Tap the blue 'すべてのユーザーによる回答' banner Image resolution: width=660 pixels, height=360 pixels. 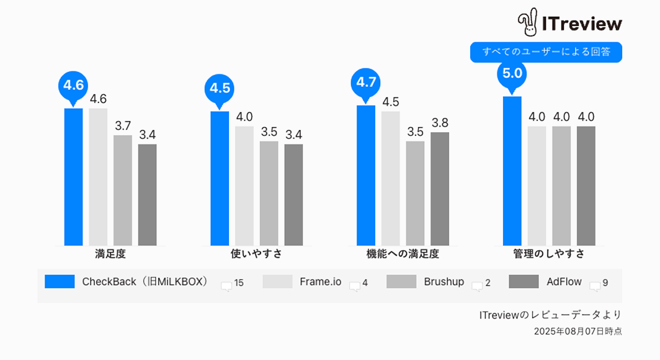pyautogui.click(x=546, y=52)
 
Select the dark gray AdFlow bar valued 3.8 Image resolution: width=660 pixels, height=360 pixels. pyautogui.click(x=440, y=189)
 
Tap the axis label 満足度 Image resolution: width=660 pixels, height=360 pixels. pyautogui.click(x=110, y=254)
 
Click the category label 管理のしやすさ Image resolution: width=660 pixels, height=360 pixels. pyautogui.click(x=549, y=254)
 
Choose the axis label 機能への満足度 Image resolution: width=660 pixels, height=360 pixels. pyautogui.click(x=403, y=254)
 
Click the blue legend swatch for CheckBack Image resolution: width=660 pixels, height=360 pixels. pyautogui.click(x=60, y=282)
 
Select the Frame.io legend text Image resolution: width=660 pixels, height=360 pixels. pyautogui.click(x=320, y=282)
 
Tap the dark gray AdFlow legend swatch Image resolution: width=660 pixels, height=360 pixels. pyautogui.click(x=524, y=282)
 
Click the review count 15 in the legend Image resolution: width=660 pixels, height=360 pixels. pyautogui.click(x=239, y=283)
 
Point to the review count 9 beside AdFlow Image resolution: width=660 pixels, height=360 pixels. pyautogui.click(x=605, y=283)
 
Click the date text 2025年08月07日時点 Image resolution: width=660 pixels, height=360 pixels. pyautogui.click(x=577, y=331)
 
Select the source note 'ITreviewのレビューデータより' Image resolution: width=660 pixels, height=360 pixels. pyautogui.click(x=550, y=315)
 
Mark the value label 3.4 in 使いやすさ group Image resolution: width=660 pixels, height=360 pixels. pyautogui.click(x=294, y=134)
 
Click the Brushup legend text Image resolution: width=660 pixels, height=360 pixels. pyautogui.click(x=444, y=282)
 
